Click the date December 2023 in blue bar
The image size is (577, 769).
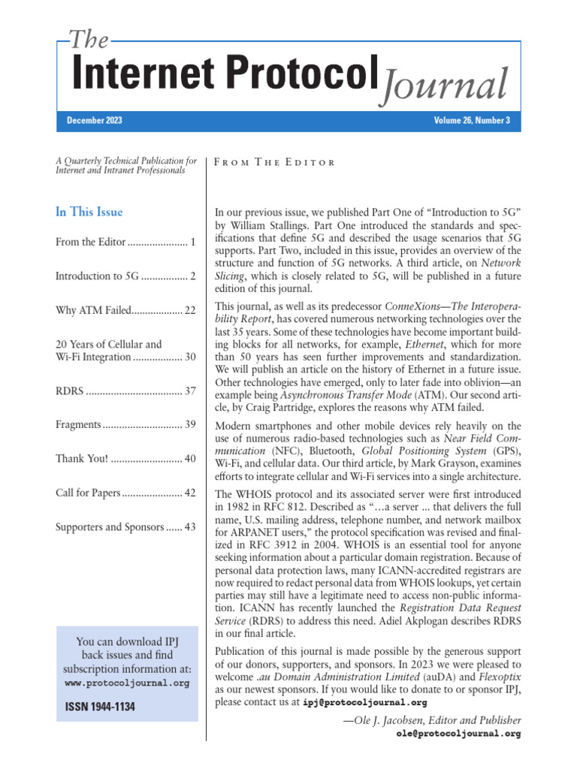click(x=95, y=121)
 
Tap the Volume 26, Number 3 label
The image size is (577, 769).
click(x=472, y=121)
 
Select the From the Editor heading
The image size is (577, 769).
click(x=275, y=162)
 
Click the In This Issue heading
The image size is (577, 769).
click(x=89, y=212)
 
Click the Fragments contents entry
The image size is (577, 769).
click(x=78, y=424)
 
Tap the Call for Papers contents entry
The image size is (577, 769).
click(x=88, y=493)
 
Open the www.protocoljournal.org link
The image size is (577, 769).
click(x=127, y=684)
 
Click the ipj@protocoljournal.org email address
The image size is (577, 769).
click(x=365, y=703)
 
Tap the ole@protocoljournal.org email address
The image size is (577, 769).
click(x=458, y=734)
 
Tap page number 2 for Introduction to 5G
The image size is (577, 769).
click(x=193, y=276)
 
